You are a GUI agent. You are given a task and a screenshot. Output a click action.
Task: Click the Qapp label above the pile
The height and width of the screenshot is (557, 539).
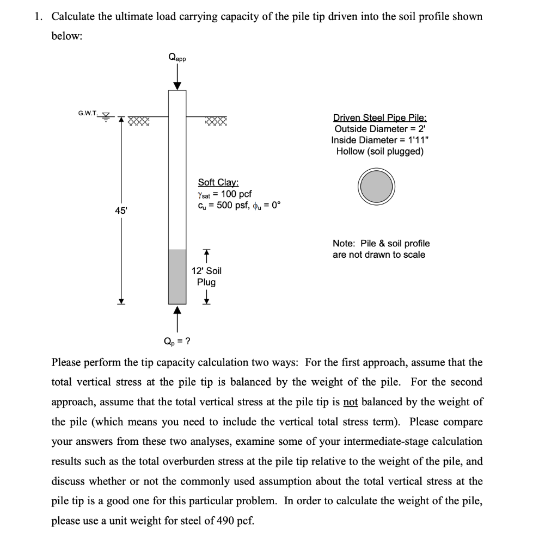177,57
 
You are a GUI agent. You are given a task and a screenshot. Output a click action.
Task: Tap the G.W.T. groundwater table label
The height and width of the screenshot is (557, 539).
88,113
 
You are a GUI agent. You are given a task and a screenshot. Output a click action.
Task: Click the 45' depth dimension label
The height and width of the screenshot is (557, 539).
119,210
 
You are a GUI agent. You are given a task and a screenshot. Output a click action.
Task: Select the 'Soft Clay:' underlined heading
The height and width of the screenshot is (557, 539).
218,183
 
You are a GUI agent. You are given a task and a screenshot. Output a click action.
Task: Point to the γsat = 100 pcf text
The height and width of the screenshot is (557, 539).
224,194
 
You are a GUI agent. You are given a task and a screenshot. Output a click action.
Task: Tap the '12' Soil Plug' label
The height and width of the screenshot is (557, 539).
206,276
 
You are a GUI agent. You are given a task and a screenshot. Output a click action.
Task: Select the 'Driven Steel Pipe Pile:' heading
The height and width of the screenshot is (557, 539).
379,117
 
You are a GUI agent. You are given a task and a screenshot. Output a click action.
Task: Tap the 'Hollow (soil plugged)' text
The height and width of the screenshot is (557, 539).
379,151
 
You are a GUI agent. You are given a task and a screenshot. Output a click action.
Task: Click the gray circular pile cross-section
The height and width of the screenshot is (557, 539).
376,185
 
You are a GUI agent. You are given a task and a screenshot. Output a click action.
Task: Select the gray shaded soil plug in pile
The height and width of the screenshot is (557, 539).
177,276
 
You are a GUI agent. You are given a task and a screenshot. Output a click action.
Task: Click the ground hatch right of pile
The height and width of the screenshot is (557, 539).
216,121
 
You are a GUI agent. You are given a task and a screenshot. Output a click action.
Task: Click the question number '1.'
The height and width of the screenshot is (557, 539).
38,16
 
